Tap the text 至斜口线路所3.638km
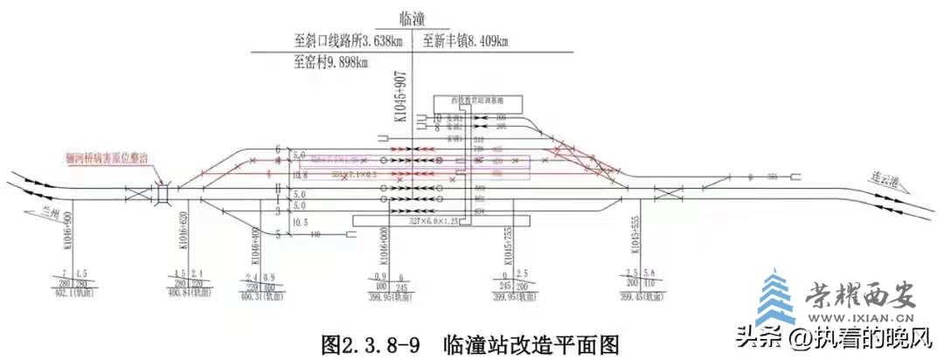[x=349, y=41]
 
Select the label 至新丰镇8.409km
[x=465, y=41]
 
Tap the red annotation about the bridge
[x=107, y=157]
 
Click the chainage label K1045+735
[x=509, y=251]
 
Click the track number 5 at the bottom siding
[x=279, y=233]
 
